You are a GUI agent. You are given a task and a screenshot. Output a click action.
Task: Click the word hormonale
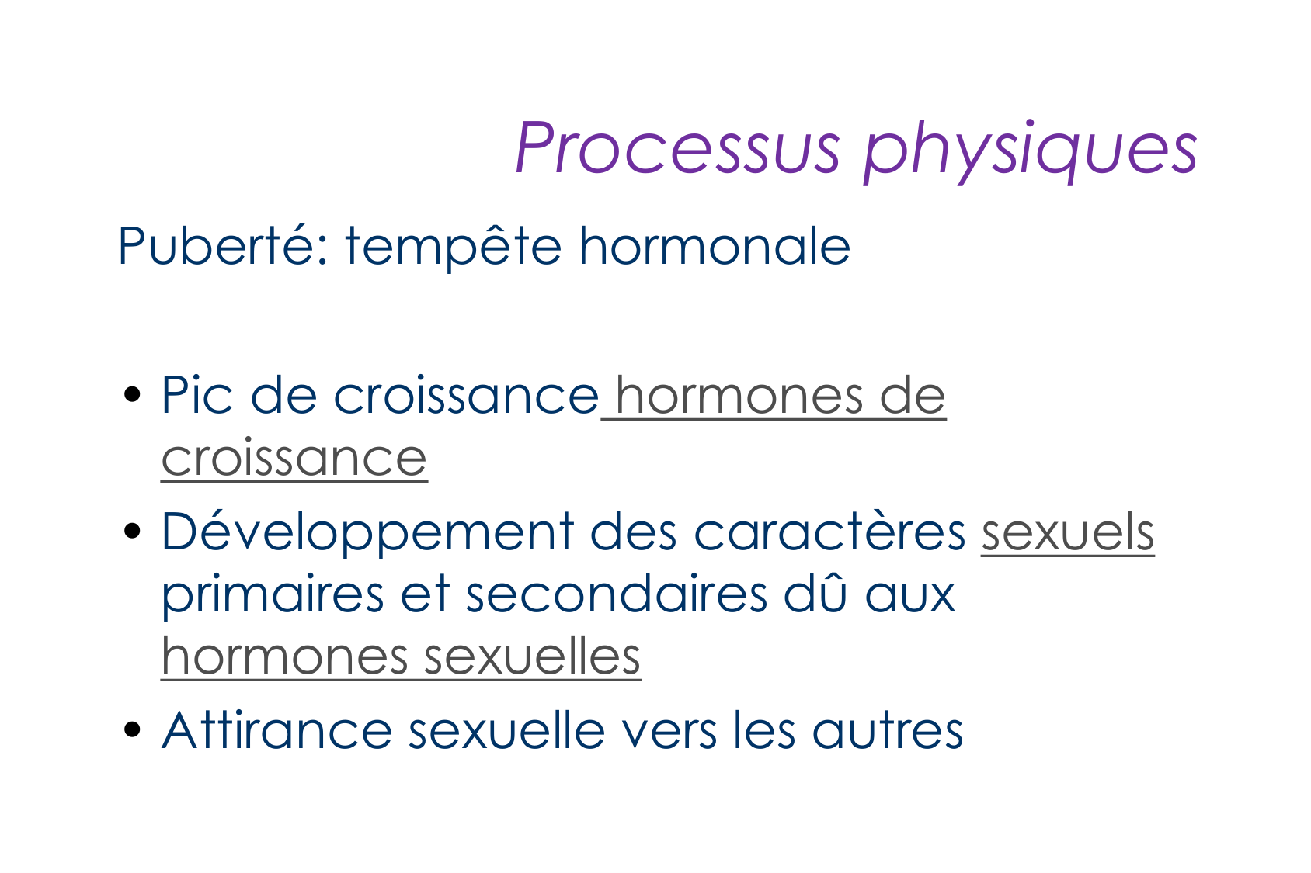714,245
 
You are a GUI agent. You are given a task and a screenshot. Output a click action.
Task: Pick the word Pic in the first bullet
196,395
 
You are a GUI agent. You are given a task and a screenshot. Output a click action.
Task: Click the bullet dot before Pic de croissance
133,395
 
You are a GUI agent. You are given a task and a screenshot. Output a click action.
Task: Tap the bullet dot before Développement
133,531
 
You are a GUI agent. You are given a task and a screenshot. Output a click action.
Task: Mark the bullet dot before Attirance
133,729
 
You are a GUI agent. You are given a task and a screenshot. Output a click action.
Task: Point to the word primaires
273,598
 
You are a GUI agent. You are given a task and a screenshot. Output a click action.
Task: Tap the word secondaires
617,594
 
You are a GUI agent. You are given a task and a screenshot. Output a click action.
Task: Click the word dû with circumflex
815,594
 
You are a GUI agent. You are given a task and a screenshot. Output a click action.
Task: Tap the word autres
887,732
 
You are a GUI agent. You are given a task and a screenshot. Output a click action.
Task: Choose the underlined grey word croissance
294,459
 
